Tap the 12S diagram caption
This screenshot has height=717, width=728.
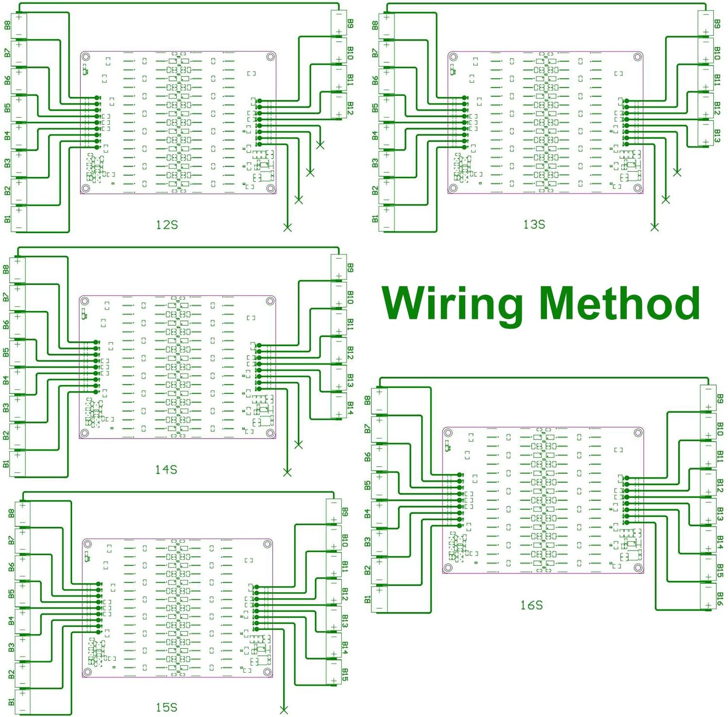167,225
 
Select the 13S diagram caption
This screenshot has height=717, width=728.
534,224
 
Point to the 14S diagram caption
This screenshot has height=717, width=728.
166,469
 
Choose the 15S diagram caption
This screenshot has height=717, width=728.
166,707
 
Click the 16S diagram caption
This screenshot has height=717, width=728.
531,605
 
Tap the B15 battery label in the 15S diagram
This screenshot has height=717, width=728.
345,675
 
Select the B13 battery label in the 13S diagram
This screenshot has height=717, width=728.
717,136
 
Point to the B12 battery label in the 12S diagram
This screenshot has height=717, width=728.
350,108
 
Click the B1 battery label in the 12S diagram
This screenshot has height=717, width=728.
7,219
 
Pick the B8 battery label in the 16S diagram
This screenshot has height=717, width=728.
367,400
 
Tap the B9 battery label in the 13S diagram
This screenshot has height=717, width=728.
717,23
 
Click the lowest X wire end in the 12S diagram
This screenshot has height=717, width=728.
288,227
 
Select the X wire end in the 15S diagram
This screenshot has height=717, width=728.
284,710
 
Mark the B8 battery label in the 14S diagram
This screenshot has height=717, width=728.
6,269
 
